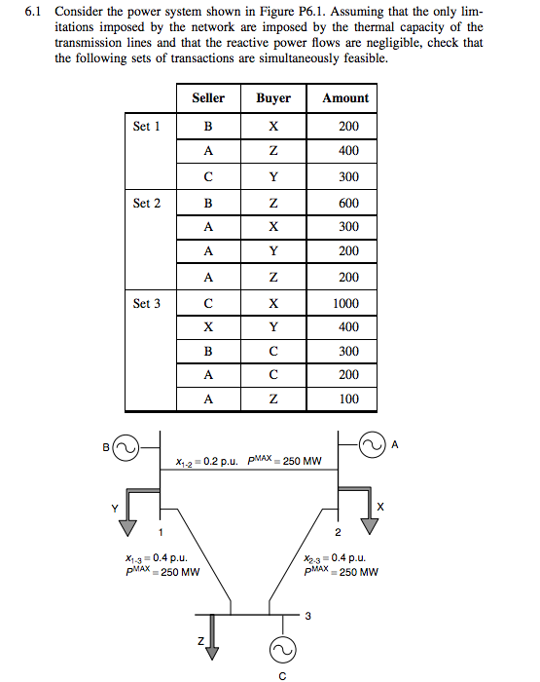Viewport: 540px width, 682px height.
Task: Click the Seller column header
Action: click(x=208, y=97)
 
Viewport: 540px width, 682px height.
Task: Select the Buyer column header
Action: click(x=273, y=97)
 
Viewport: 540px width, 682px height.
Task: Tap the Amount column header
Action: click(x=345, y=97)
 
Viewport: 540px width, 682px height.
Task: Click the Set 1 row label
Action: click(x=146, y=126)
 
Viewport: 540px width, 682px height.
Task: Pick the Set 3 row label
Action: click(x=146, y=303)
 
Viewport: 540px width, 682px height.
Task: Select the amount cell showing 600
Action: click(x=347, y=203)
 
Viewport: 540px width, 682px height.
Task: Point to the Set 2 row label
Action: click(x=146, y=203)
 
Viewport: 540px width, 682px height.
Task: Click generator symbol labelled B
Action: click(x=125, y=449)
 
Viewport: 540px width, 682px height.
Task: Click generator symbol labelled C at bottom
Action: click(x=283, y=650)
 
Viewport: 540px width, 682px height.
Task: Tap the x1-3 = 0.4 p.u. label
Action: click(x=150, y=558)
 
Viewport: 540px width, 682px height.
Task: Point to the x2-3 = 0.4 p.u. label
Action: click(x=335, y=558)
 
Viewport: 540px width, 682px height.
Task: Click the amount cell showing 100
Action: click(x=347, y=398)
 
